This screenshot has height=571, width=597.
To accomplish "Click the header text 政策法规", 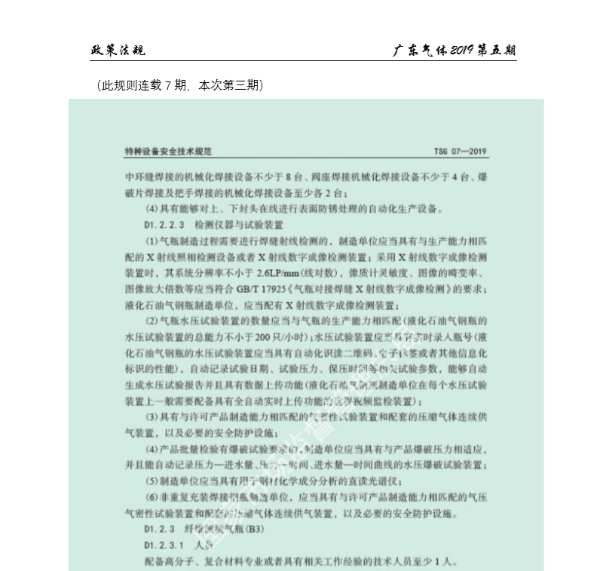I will coord(117,51).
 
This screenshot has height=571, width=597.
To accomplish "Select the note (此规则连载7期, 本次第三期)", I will coord(179,86).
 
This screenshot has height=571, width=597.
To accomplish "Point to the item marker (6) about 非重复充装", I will coord(151,498).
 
